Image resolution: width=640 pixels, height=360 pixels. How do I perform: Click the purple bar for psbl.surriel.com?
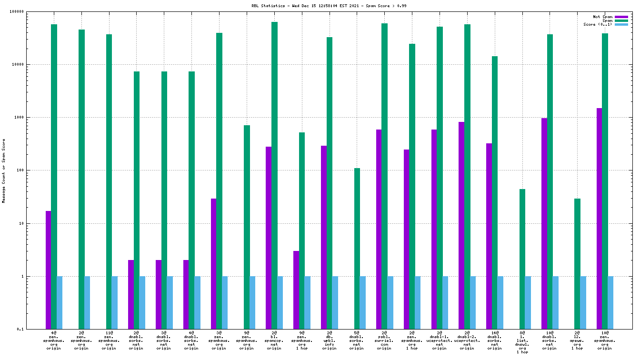379,229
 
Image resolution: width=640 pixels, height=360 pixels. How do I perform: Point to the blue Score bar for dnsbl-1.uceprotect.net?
445,302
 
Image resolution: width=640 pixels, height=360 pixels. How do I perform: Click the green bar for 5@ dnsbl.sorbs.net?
357,248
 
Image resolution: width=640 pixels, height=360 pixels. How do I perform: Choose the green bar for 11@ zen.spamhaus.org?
109,181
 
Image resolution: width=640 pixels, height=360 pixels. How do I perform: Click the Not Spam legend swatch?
621,17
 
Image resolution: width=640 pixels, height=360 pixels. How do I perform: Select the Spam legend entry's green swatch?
621,20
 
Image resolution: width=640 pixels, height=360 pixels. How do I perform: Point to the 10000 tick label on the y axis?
30,64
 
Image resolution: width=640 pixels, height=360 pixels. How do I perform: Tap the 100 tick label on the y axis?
32,170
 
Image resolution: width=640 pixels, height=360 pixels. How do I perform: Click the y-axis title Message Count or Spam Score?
4,171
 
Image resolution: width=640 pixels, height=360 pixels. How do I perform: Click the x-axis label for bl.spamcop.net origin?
274,340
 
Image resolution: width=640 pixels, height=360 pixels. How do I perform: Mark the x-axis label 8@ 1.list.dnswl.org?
522,342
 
